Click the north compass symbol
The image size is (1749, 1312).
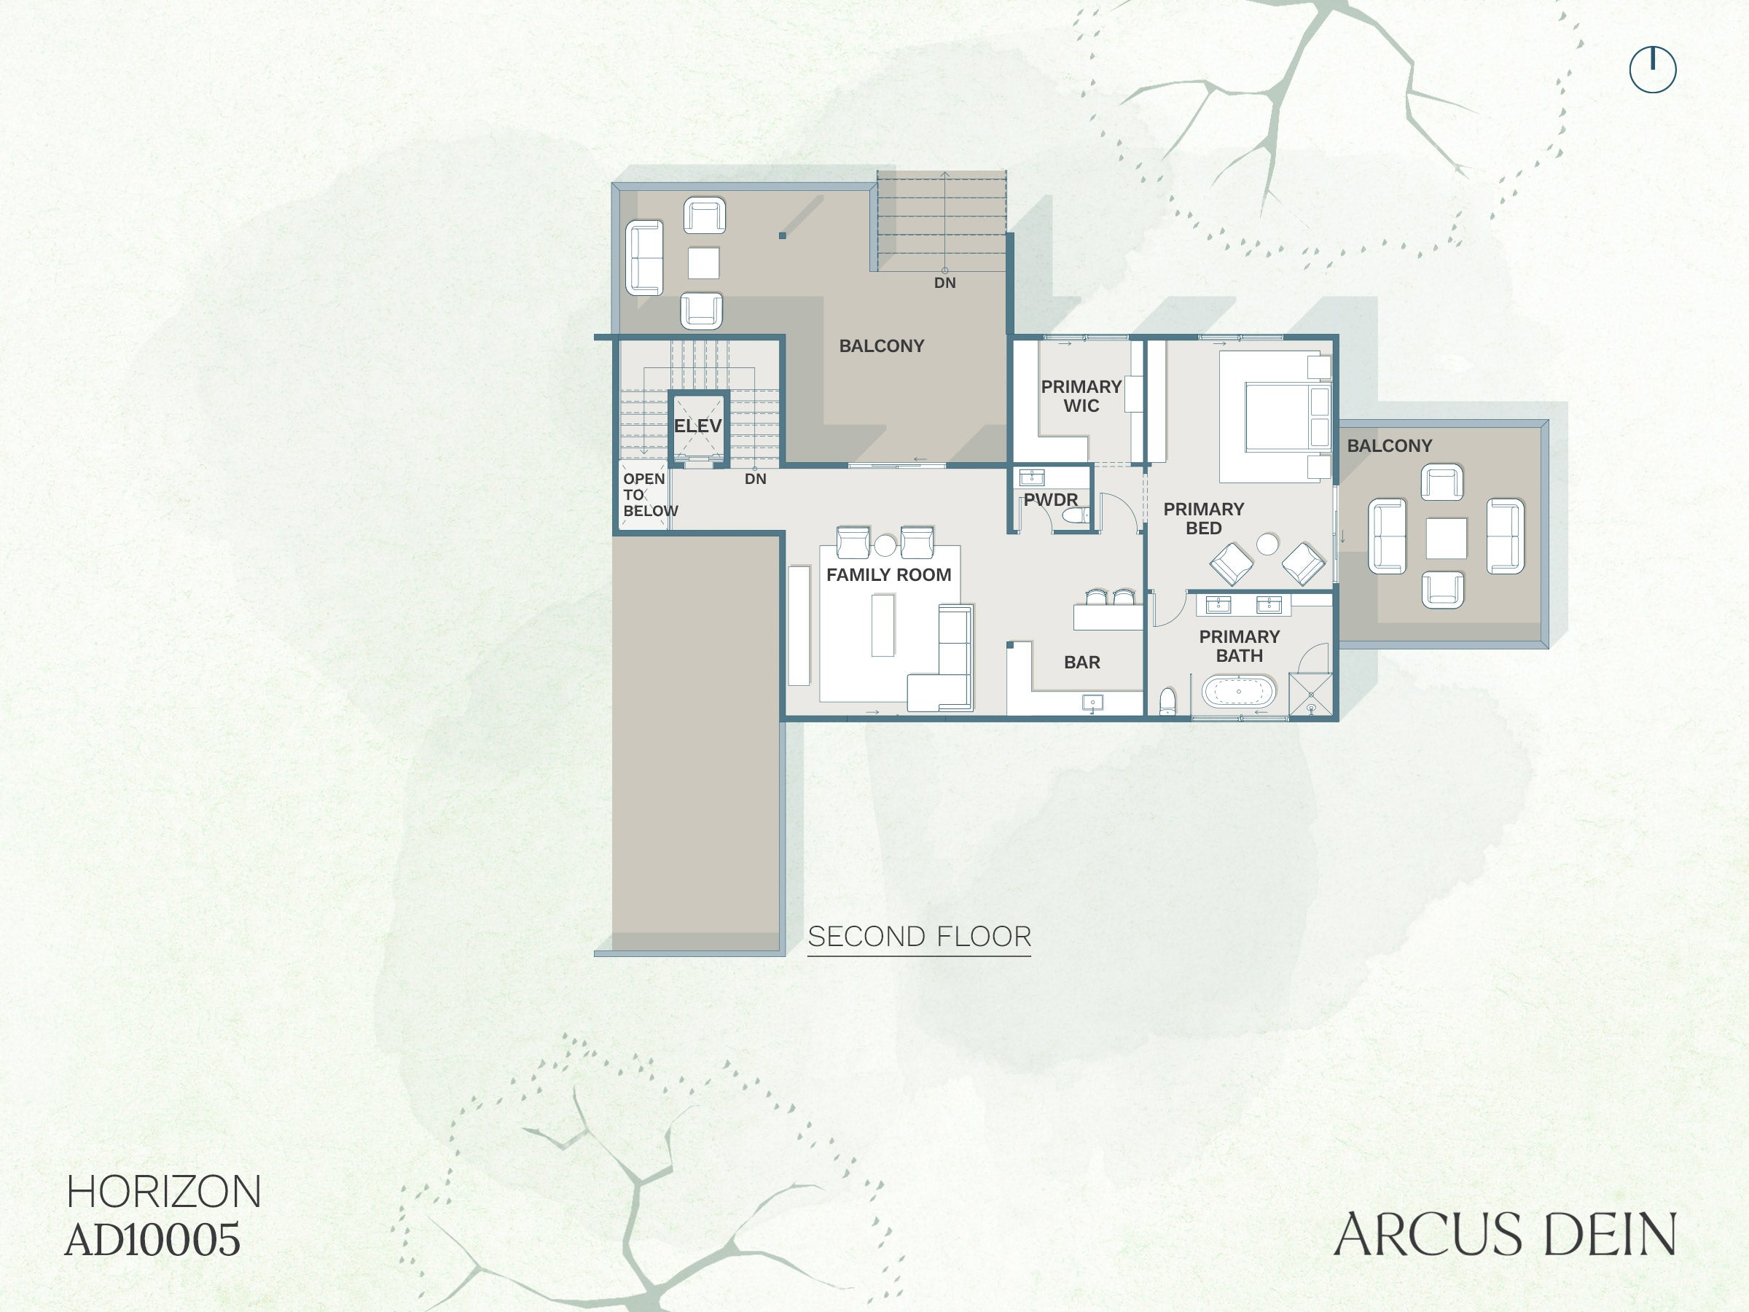[x=1653, y=69]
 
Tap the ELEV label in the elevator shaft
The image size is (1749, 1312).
[x=697, y=426]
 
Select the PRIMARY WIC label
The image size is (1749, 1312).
[x=1081, y=397]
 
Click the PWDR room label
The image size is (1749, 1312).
[x=1051, y=500]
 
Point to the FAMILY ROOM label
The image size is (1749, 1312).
[x=889, y=575]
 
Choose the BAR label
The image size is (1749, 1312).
[x=1081, y=663]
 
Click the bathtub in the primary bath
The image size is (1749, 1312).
[x=1238, y=691]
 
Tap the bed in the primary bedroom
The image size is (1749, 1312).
[x=1275, y=416]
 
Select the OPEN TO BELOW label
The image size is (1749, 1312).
[x=650, y=495]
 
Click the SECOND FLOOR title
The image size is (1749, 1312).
[x=920, y=937]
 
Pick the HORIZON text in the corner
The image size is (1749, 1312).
[x=164, y=1192]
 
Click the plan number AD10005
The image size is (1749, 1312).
[x=152, y=1239]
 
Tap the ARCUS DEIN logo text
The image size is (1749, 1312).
[x=1505, y=1235]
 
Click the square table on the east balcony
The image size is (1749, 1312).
[x=1446, y=538]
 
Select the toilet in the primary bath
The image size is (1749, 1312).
[x=1167, y=701]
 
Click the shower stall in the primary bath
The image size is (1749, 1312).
[x=1311, y=695]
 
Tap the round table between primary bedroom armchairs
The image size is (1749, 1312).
[x=1267, y=544]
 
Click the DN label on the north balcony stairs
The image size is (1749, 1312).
[x=945, y=283]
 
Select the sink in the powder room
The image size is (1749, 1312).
[x=1032, y=477]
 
